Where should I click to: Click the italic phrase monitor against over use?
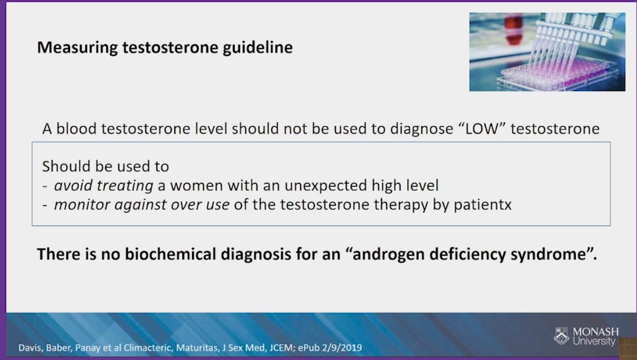(142, 205)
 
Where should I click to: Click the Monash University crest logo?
(561, 336)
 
